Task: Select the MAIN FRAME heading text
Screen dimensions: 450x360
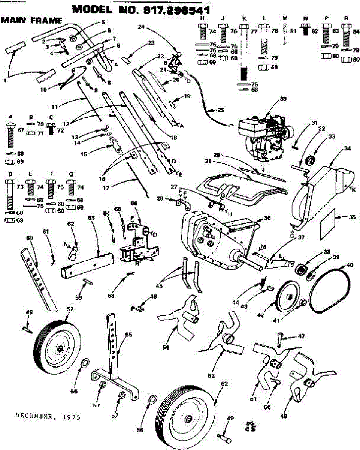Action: click(31, 20)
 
